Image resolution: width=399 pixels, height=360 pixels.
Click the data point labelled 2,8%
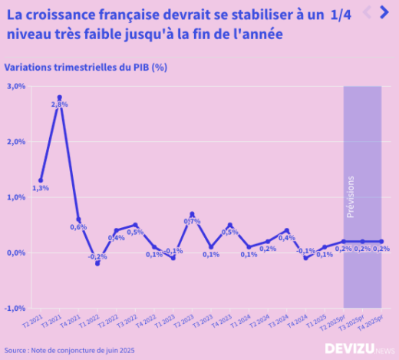tap(60, 98)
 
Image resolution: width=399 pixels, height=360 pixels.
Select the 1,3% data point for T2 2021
tap(41, 180)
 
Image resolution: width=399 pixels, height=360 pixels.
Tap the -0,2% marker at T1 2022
tap(97, 263)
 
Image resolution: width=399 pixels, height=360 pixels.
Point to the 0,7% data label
tap(192, 221)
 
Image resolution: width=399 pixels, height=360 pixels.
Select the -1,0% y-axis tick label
tap(16, 308)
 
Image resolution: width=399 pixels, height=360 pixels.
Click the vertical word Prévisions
tap(351, 197)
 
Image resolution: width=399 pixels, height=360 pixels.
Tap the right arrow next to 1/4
tap(384, 12)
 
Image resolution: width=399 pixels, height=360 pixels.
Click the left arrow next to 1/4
tap(366, 12)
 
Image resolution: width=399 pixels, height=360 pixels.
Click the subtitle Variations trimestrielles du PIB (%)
tap(86, 67)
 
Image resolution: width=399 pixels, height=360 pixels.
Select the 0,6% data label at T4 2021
tap(78, 227)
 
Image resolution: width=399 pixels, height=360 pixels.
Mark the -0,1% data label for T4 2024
tap(306, 251)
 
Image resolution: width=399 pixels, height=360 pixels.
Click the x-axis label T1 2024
tap(244, 322)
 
